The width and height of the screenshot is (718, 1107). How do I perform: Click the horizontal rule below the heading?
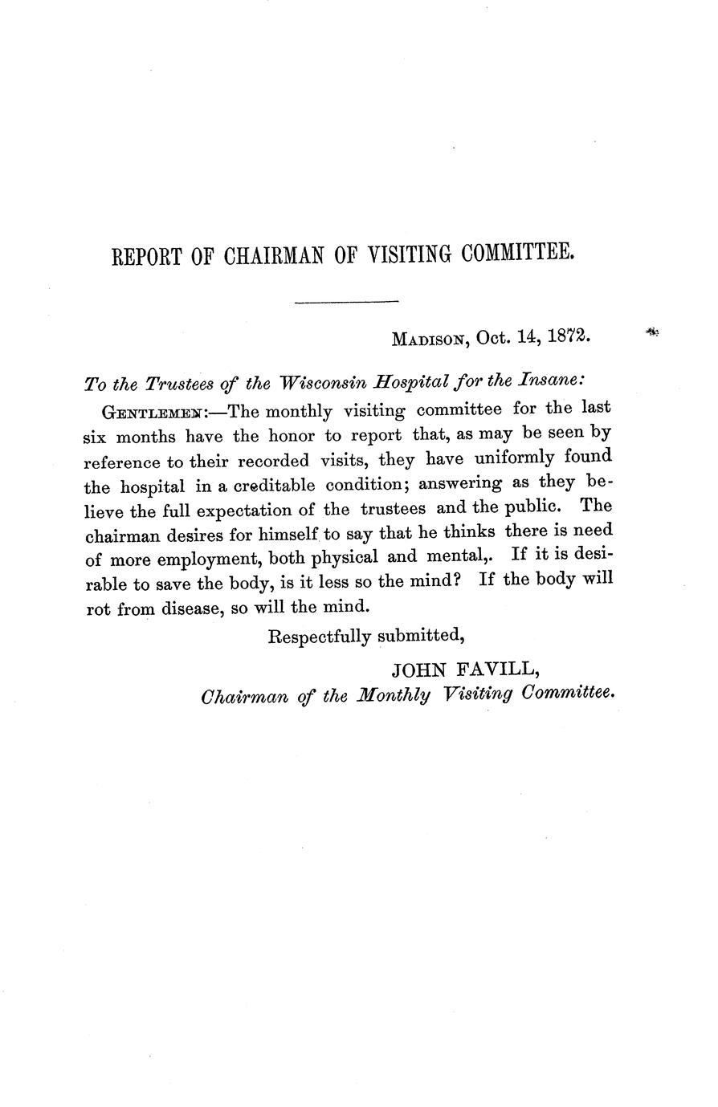pyautogui.click(x=347, y=302)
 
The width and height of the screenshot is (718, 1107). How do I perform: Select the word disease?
pyautogui.click(x=183, y=607)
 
